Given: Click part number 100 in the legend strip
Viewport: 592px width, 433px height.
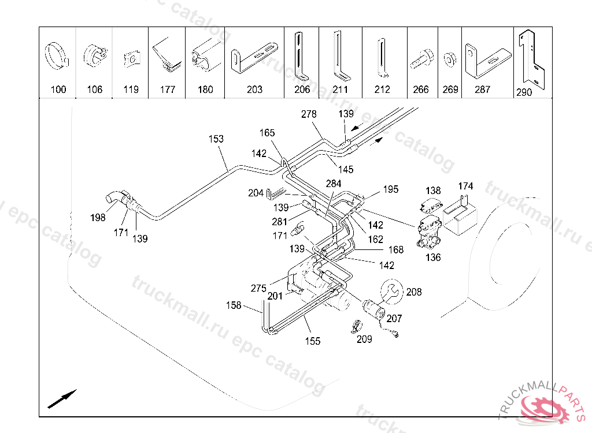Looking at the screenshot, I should tap(58, 89).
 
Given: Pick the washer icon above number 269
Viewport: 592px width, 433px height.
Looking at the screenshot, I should tap(449, 59).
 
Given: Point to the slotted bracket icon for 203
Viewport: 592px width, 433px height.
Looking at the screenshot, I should tap(254, 61).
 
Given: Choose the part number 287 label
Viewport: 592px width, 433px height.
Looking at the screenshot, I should tap(482, 89).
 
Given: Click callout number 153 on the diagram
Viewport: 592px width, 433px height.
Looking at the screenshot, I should tap(216, 139).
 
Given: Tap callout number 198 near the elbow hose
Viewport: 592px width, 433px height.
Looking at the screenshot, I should tap(98, 218).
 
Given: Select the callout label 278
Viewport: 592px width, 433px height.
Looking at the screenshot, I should tap(309, 114).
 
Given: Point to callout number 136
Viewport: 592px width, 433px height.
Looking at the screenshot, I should tap(433, 257).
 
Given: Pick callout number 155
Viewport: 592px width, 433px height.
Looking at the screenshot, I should tap(313, 341).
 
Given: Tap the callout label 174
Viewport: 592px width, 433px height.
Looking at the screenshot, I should tap(465, 186).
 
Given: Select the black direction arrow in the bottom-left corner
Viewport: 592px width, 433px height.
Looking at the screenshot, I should tap(62, 398).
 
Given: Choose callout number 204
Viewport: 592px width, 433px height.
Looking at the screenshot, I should tap(256, 193).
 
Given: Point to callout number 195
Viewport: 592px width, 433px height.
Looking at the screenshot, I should tap(391, 189).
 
